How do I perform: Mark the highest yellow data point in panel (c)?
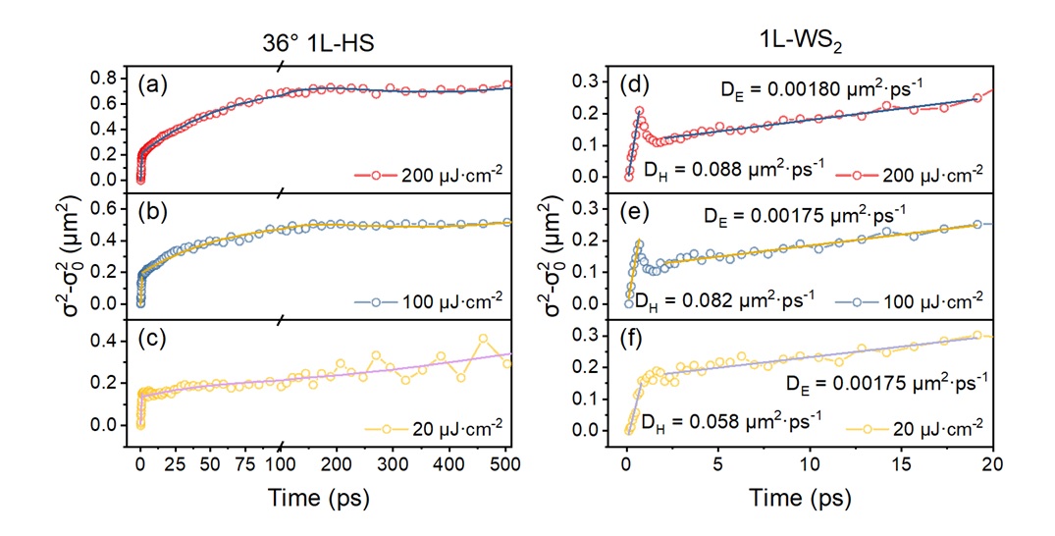pyautogui.click(x=454, y=338)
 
